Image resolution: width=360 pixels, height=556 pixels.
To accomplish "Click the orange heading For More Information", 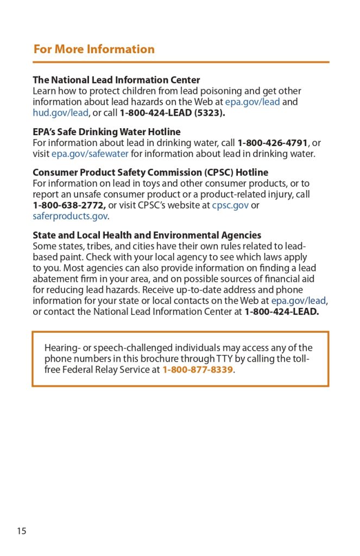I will pyautogui.click(x=94, y=49).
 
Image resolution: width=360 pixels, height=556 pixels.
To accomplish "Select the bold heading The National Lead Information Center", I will pyautogui.click(x=116, y=80).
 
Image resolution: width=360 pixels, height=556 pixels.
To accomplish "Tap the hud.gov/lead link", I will pyautogui.click(x=60, y=113).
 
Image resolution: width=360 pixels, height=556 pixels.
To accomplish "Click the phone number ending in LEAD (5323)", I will pyautogui.click(x=172, y=113).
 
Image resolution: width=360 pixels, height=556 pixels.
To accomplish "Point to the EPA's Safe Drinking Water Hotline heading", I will pyautogui.click(x=106, y=132).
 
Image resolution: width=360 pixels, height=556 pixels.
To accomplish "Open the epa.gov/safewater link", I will pyautogui.click(x=90, y=154).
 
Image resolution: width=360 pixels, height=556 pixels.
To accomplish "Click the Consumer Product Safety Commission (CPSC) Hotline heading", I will pyautogui.click(x=150, y=173).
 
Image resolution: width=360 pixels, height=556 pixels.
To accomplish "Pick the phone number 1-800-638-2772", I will pyautogui.click(x=69, y=205).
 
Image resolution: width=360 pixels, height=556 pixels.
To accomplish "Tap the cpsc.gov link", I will pyautogui.click(x=230, y=205).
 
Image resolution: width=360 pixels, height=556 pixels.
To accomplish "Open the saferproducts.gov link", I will pyautogui.click(x=70, y=216).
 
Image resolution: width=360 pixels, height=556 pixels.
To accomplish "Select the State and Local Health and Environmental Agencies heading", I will pyautogui.click(x=147, y=235).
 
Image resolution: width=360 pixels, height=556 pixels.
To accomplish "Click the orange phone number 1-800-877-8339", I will pyautogui.click(x=198, y=370).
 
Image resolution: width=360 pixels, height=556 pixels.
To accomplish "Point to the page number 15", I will pyautogui.click(x=21, y=531).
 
